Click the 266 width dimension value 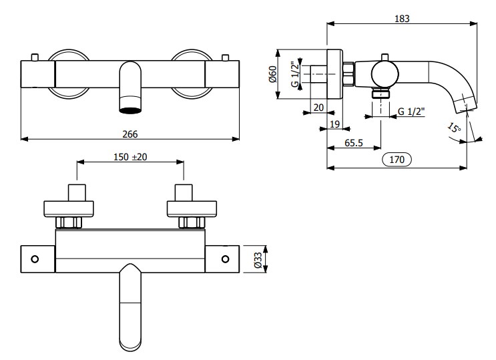pyautogui.click(x=130, y=134)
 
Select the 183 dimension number pyautogui.click(x=402, y=19)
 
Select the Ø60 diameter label pyautogui.click(x=273, y=74)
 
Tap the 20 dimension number pyautogui.click(x=318, y=108)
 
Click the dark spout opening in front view pyautogui.click(x=131, y=106)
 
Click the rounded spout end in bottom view pyautogui.click(x=130, y=334)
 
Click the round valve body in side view pyautogui.click(x=381, y=72)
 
